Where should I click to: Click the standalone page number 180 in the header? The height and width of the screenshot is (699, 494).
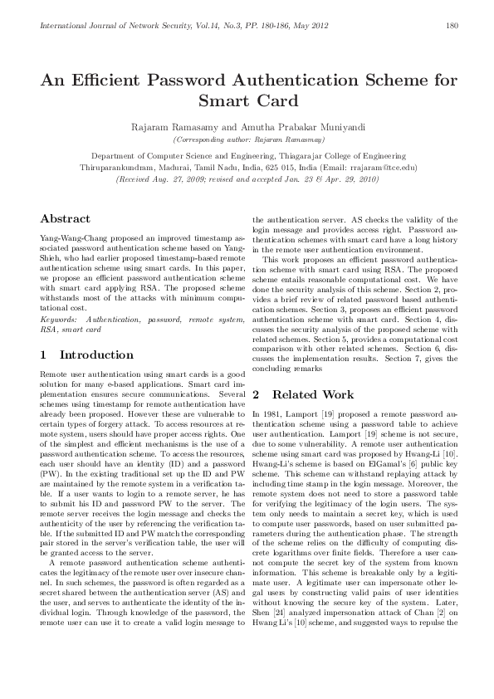click(452, 26)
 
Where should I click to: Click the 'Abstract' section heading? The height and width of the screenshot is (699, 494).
click(65, 218)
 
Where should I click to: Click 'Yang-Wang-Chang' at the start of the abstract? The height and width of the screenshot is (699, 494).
click(69, 237)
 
